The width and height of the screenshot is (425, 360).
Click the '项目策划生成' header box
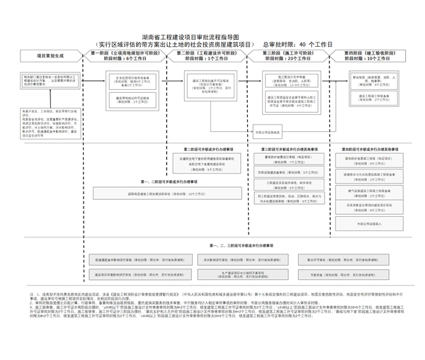point(50,55)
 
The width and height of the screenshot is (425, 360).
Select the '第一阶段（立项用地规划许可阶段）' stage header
point(126,56)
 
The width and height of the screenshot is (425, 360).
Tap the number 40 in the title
point(303,44)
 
